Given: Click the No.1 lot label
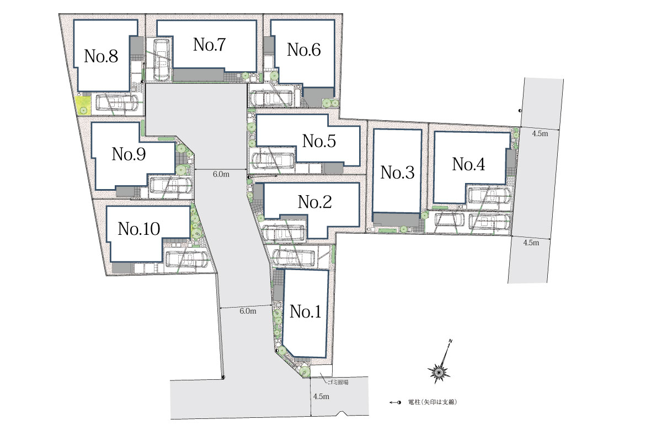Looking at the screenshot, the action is pyautogui.click(x=305, y=311).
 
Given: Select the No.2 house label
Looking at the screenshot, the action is pyautogui.click(x=315, y=202).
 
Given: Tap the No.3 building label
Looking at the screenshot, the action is pyautogui.click(x=398, y=173).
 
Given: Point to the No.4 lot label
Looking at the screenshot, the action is pyautogui.click(x=468, y=164).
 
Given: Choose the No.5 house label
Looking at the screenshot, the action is pyautogui.click(x=319, y=141).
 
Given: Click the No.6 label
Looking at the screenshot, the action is pyautogui.click(x=304, y=50).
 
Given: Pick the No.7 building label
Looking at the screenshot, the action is pyautogui.click(x=209, y=45).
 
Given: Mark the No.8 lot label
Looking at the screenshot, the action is pyautogui.click(x=101, y=56).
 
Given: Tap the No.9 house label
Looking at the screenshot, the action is pyautogui.click(x=129, y=154).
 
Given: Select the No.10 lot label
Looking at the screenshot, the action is pyautogui.click(x=139, y=229).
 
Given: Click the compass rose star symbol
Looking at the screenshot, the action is pyautogui.click(x=439, y=370).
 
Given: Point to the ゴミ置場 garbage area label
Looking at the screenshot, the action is pyautogui.click(x=338, y=382).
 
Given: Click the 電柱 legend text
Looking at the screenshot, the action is pyautogui.click(x=433, y=402).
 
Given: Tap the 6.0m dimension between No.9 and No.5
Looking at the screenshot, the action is pyautogui.click(x=221, y=174).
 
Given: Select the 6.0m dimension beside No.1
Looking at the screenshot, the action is pyautogui.click(x=248, y=311).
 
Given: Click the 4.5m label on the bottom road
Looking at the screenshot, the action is pyautogui.click(x=321, y=396).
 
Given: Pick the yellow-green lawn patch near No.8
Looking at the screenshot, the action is pyautogui.click(x=83, y=105).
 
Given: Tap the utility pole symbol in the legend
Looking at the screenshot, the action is pyautogui.click(x=395, y=402).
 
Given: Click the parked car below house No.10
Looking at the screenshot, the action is pyautogui.click(x=186, y=260).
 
